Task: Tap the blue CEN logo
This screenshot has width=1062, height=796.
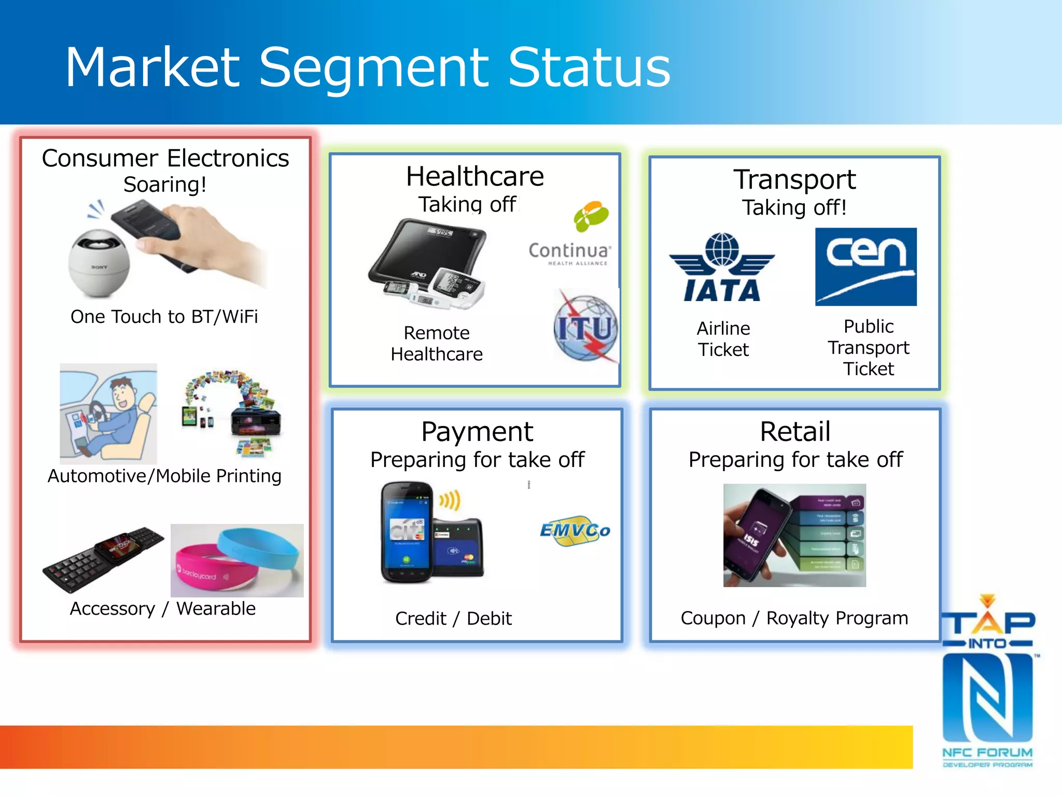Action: click(x=865, y=266)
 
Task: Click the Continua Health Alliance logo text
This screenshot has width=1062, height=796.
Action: click(x=569, y=252)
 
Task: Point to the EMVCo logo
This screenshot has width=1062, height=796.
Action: click(x=575, y=530)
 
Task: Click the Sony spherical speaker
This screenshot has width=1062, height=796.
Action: click(x=99, y=263)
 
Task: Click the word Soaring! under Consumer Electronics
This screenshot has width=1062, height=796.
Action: click(x=165, y=184)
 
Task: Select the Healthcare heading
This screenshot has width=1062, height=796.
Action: click(x=474, y=176)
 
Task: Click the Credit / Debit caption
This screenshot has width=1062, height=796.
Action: click(x=453, y=618)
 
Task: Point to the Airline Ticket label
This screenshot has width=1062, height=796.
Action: click(x=723, y=339)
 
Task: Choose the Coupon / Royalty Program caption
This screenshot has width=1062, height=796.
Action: click(x=794, y=618)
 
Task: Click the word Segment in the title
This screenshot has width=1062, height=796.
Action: click(x=374, y=67)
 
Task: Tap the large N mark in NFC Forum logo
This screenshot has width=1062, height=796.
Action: click(x=987, y=697)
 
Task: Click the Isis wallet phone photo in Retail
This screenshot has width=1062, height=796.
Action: click(x=794, y=535)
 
